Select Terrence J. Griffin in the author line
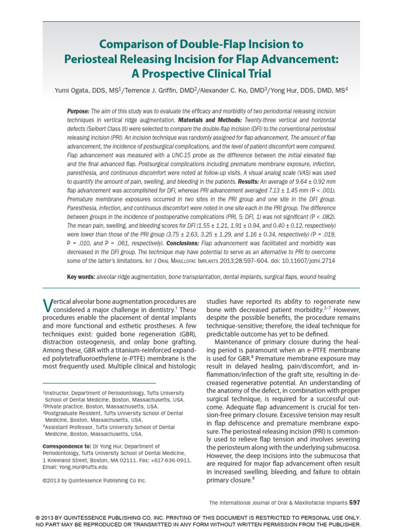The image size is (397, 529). click(150, 90)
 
